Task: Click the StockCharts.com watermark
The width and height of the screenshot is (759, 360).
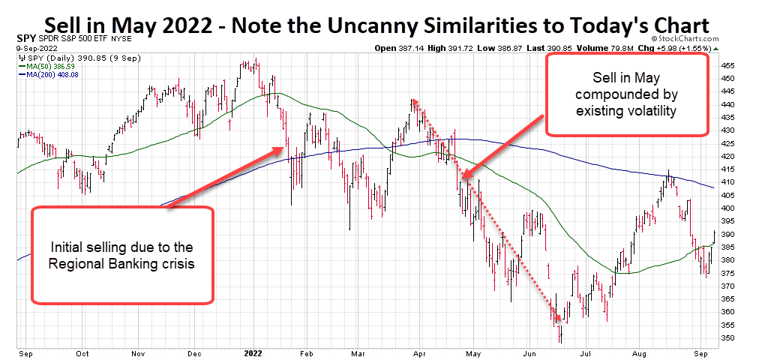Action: [682, 38]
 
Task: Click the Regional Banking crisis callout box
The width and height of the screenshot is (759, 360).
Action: [122, 256]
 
